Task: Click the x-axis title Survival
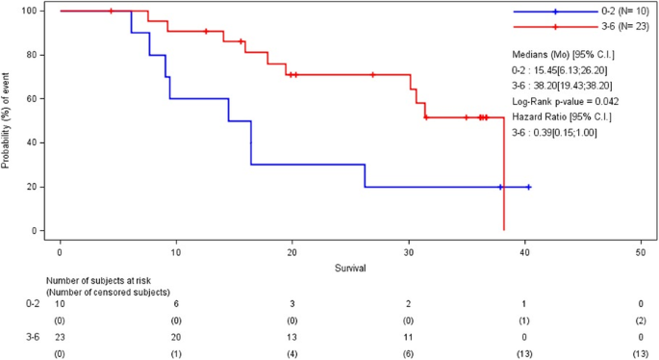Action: pyautogui.click(x=350, y=266)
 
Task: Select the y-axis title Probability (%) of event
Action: pyautogui.click(x=7, y=120)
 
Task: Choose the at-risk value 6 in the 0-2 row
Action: pyautogui.click(x=176, y=302)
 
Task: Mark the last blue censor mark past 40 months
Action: pyautogui.click(x=529, y=187)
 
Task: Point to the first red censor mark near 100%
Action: pyautogui.click(x=112, y=11)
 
